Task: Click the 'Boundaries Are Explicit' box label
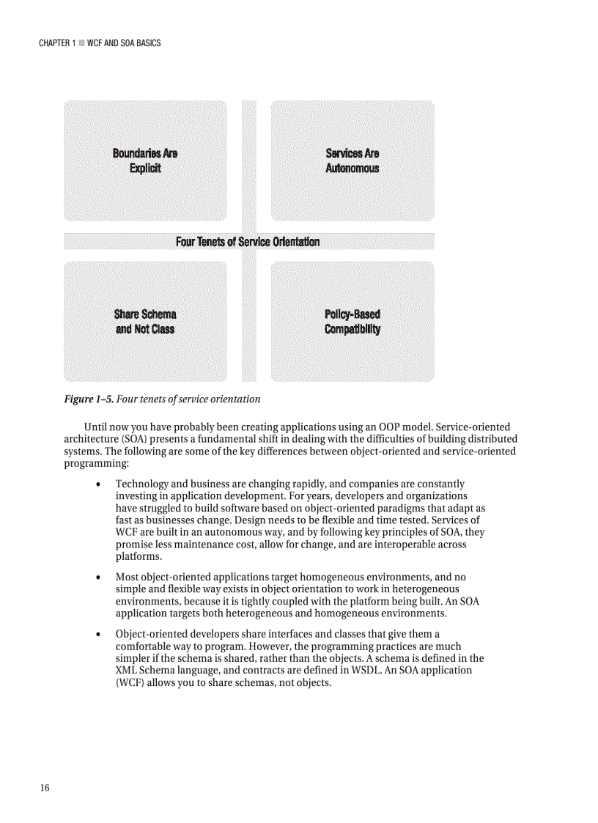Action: (x=145, y=160)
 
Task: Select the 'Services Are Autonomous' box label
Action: (x=352, y=160)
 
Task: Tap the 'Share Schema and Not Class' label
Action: (x=145, y=322)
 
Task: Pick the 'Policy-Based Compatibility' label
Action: (x=352, y=322)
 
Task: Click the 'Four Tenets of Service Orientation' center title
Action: (x=248, y=242)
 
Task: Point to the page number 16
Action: (x=45, y=788)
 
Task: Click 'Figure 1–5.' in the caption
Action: (x=89, y=399)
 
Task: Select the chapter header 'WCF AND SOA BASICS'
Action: (x=123, y=43)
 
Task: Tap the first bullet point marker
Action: (x=98, y=485)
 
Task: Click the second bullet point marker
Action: (x=98, y=577)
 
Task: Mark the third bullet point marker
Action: (x=98, y=634)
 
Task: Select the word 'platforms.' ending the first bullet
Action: (x=139, y=557)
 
